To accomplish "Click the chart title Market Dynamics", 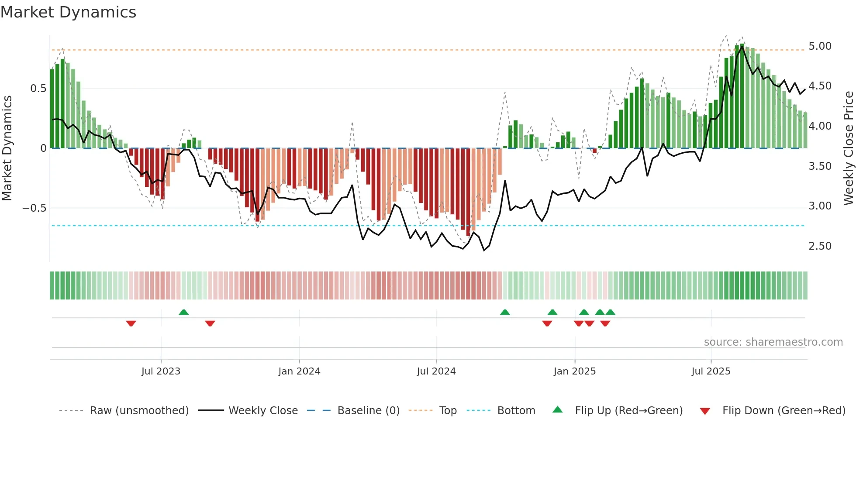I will click(68, 12).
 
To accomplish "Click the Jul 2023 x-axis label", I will click(161, 371).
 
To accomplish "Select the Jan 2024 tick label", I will click(299, 371).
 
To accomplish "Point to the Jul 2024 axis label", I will click(436, 371).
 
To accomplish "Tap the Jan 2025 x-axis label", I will click(574, 371).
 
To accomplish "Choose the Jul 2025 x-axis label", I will click(711, 371).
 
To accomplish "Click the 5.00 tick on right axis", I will click(820, 46).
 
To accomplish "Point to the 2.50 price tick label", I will click(820, 246).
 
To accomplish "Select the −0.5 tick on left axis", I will click(34, 208).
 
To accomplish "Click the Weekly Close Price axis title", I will click(848, 148).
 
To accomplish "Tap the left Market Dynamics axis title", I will click(7, 148).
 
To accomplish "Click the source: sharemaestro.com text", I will click(773, 342).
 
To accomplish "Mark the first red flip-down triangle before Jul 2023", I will click(131, 323).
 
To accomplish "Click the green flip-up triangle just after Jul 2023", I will click(183, 312).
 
